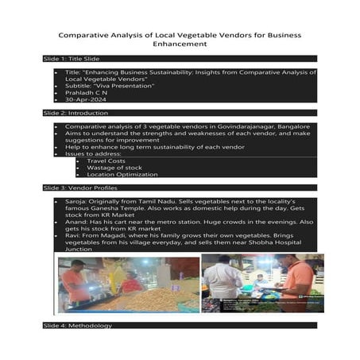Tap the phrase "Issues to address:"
pos(91,153)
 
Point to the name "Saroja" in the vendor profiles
pos(77,202)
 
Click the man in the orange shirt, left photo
pos(76,282)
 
